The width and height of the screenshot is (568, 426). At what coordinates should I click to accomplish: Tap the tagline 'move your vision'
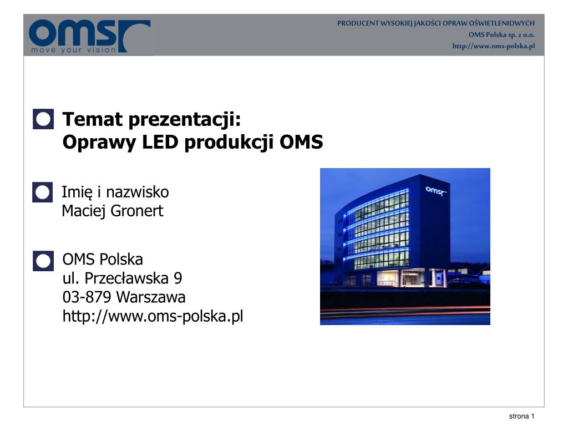click(x=73, y=50)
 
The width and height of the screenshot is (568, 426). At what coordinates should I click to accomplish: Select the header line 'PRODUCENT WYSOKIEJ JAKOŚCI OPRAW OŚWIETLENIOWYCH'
click(x=436, y=23)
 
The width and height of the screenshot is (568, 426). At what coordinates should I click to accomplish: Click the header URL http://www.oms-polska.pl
click(x=493, y=46)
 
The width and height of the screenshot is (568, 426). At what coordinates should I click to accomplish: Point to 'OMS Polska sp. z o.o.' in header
click(x=501, y=34)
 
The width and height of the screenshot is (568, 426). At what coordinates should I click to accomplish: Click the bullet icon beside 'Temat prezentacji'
click(x=43, y=119)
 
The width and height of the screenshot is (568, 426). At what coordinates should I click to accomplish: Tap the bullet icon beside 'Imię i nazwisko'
click(x=43, y=192)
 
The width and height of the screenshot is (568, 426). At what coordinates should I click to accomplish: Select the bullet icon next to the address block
click(x=43, y=261)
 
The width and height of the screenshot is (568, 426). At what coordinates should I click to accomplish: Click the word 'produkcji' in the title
click(x=229, y=143)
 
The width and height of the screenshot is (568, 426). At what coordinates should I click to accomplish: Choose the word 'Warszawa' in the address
click(x=151, y=297)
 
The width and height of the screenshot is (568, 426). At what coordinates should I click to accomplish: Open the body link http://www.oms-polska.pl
click(x=153, y=317)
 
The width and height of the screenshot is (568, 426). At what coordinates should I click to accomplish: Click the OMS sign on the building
click(x=436, y=191)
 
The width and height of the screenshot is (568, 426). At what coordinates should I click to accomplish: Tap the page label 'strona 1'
click(x=521, y=417)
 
